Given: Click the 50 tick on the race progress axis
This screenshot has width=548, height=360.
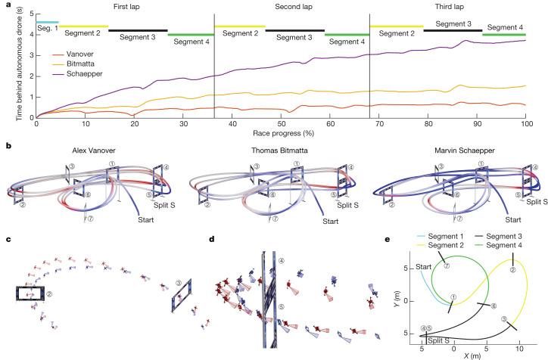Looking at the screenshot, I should [x=281, y=123].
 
